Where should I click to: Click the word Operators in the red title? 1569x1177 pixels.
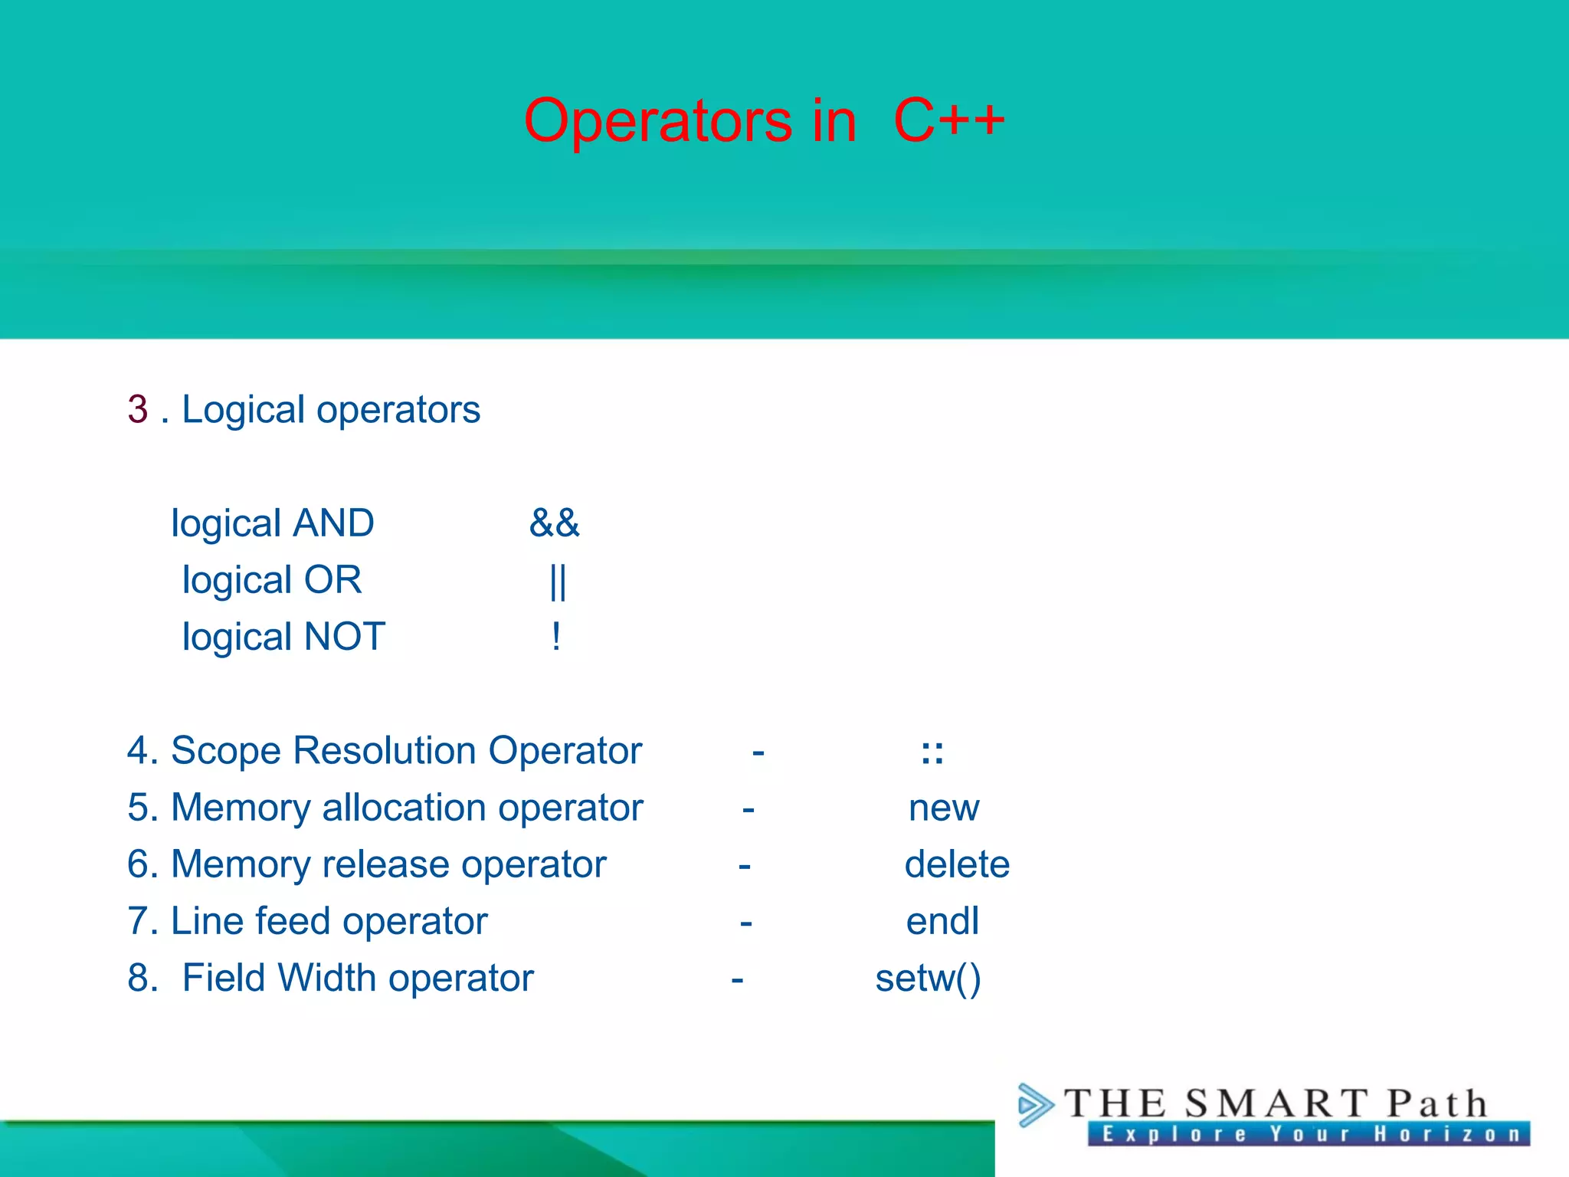click(x=657, y=121)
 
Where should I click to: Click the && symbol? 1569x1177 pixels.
click(x=554, y=523)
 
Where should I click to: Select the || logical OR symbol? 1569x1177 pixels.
click(x=558, y=582)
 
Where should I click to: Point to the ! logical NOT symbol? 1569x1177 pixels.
click(x=556, y=637)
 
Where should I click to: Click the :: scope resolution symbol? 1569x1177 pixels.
click(x=932, y=752)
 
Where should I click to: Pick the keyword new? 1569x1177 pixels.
click(x=943, y=808)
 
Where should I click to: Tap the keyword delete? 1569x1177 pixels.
click(x=956, y=864)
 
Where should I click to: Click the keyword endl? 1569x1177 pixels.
click(x=942, y=921)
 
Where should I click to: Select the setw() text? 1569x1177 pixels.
click(x=928, y=979)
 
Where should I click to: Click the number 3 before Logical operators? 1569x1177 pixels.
click(x=138, y=409)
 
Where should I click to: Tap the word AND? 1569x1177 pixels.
click(x=334, y=523)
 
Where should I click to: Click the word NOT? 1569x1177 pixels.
click(x=345, y=637)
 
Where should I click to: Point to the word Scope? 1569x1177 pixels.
click(x=227, y=751)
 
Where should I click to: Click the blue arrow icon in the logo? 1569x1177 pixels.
click(x=1035, y=1105)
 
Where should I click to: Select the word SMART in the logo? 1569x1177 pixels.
click(x=1275, y=1103)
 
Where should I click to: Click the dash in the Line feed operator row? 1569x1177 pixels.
click(x=745, y=923)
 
